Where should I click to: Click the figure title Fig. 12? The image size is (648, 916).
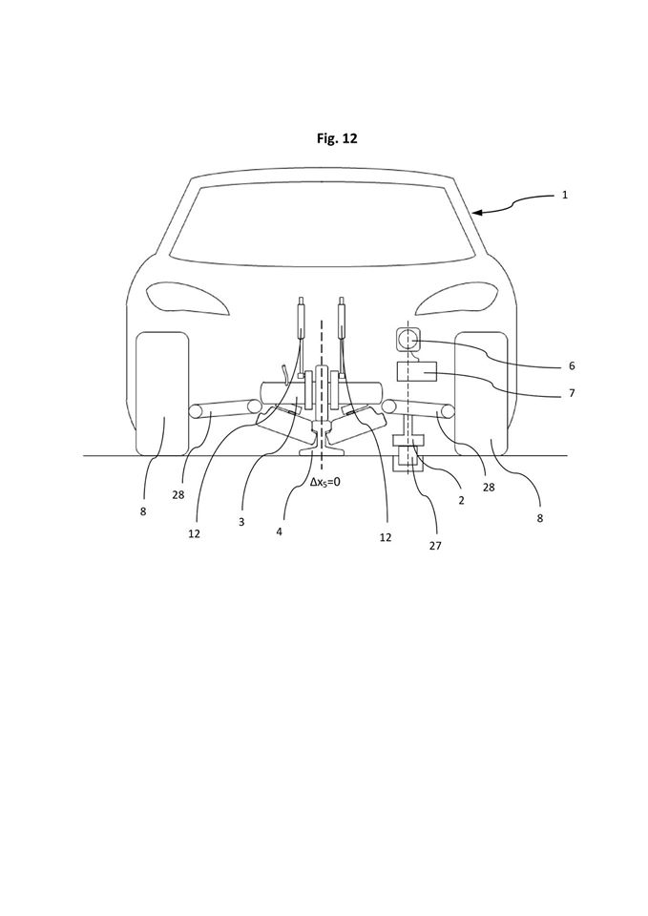coord(337,138)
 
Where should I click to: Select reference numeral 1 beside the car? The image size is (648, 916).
coord(564,195)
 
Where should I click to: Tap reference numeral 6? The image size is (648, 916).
coord(572,366)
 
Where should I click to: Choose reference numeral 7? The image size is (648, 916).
coord(572,394)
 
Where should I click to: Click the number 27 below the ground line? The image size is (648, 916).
coord(435,546)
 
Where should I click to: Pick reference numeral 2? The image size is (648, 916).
coord(461,501)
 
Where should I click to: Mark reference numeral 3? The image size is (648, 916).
coord(241,522)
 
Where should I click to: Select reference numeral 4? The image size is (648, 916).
coord(280,532)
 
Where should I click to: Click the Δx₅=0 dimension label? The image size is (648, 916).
coord(324,483)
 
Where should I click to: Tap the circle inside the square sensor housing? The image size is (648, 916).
coord(408,338)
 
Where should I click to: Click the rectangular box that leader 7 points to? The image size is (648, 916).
coord(417,371)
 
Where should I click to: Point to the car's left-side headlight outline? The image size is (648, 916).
coord(188,298)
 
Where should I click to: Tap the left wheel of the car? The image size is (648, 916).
coord(162,393)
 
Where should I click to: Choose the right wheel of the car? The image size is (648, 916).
coord(481,393)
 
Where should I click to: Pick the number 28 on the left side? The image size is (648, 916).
coord(178,495)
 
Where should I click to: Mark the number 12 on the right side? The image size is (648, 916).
coord(385,537)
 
